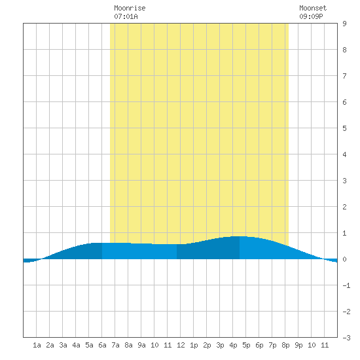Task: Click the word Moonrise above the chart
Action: click(130, 8)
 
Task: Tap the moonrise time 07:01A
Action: click(126, 16)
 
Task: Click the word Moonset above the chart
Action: click(313, 8)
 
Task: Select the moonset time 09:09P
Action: click(311, 16)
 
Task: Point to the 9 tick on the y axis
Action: click(344, 24)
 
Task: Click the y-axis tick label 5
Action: click(344, 128)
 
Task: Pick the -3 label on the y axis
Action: click(346, 338)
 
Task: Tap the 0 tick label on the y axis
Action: click(344, 259)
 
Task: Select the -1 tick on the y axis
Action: click(346, 285)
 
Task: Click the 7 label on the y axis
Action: click(344, 76)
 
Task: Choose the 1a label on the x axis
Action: click(37, 345)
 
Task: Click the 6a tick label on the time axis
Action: click(102, 345)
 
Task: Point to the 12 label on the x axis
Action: click(181, 345)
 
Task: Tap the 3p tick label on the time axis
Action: click(220, 345)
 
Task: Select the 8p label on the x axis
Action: click(285, 345)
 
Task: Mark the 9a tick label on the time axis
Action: click(141, 345)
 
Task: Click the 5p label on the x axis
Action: click(246, 345)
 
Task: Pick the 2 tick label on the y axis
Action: click(344, 207)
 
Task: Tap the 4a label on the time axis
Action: click(76, 345)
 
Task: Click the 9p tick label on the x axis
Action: click(298, 345)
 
